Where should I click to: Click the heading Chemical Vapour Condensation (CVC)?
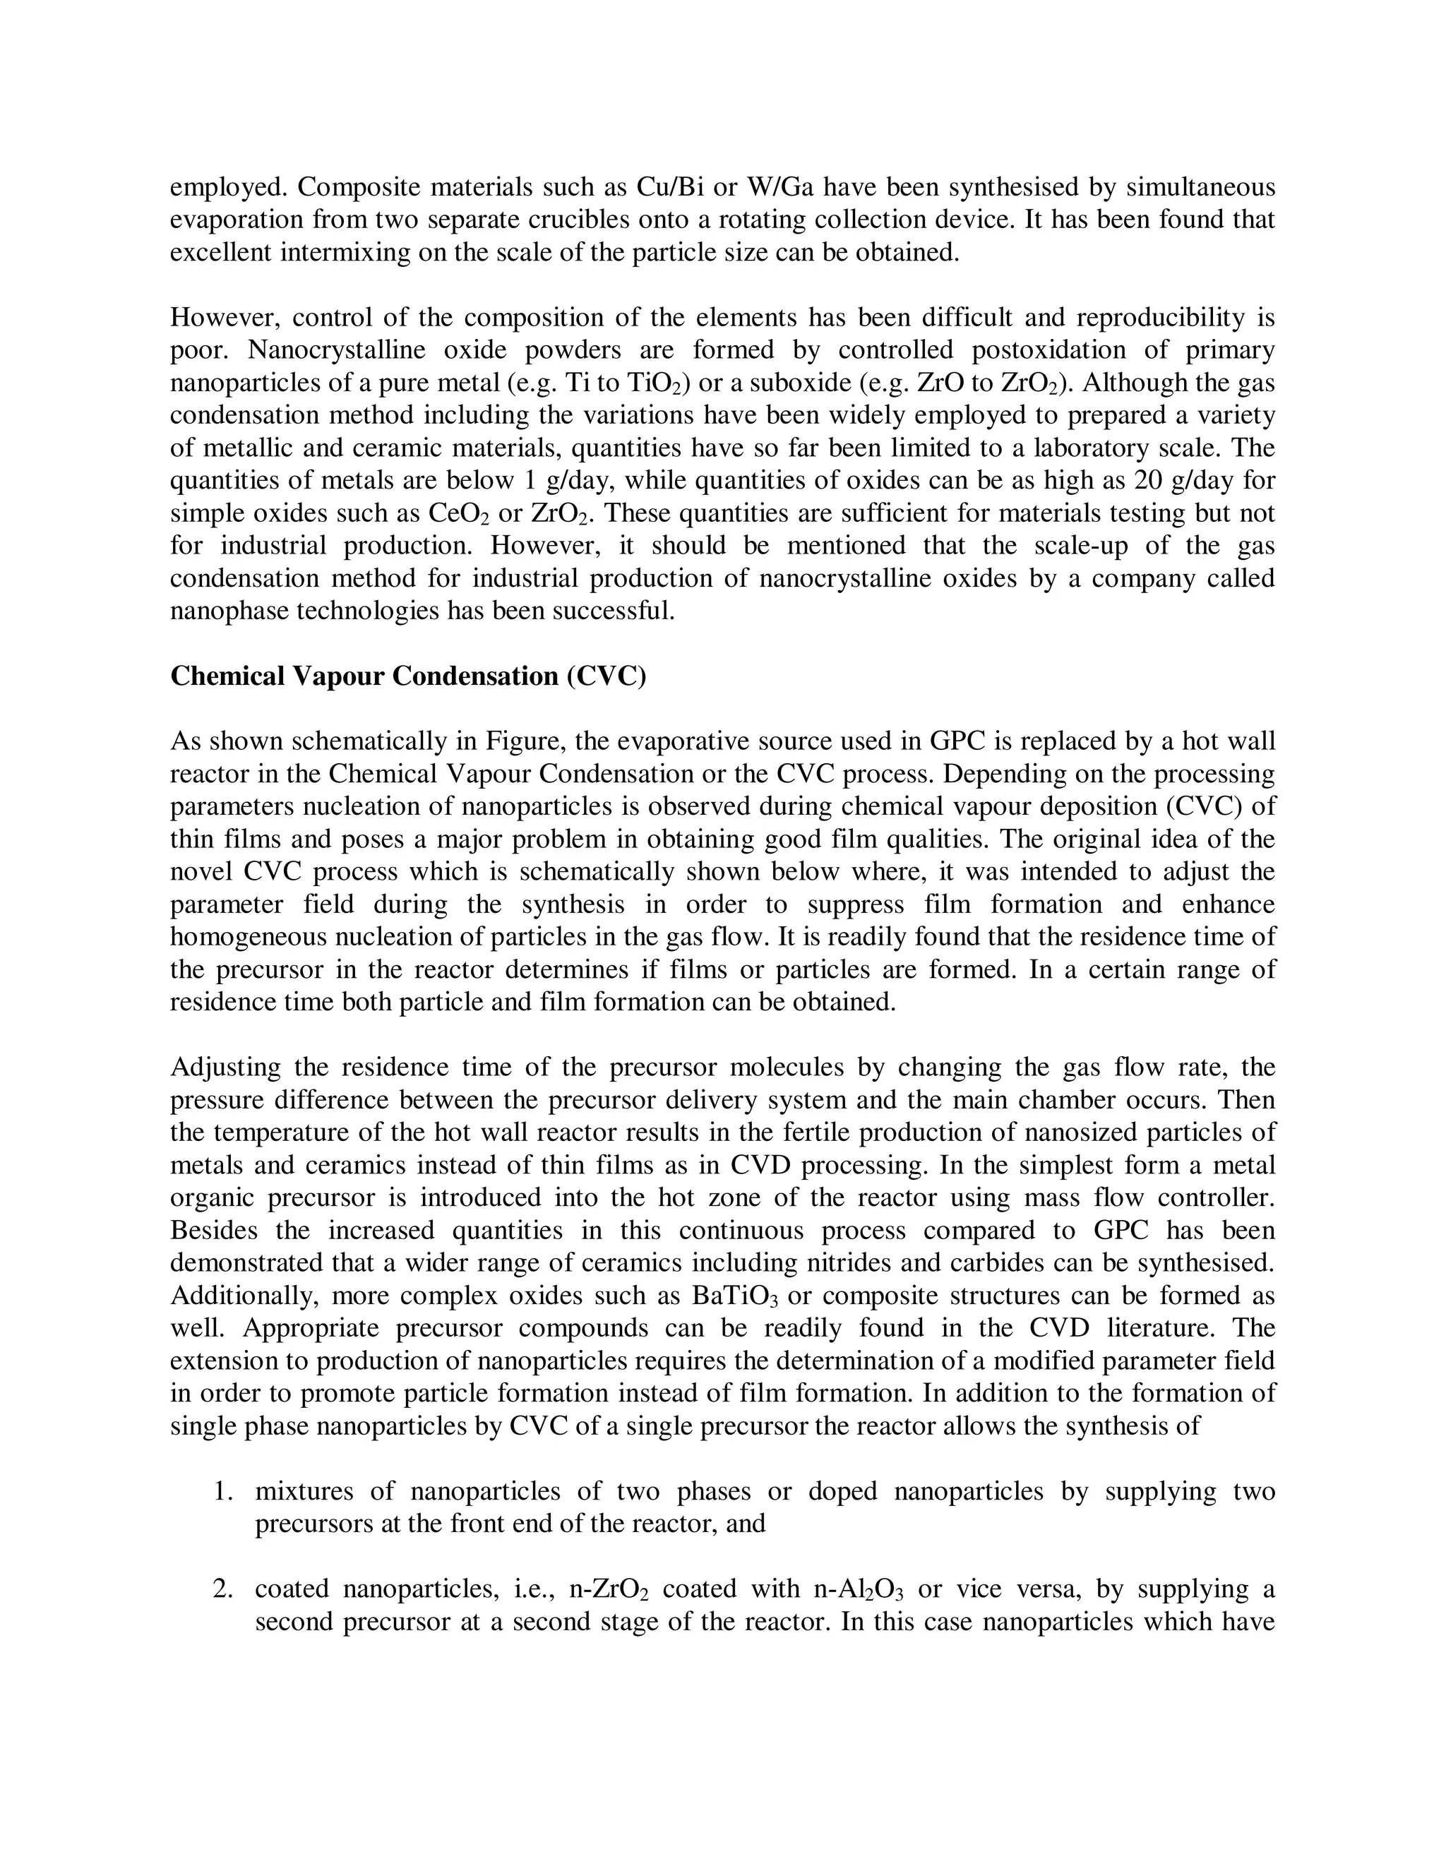pos(408,676)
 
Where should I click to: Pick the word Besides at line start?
pos(213,1230)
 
